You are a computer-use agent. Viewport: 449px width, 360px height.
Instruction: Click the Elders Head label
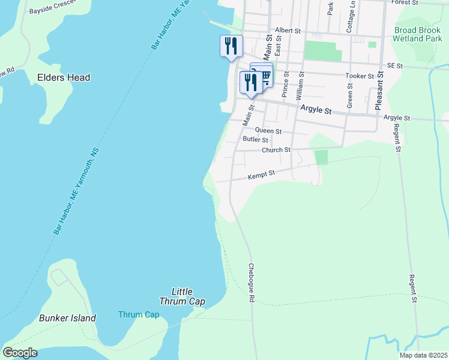[64, 77]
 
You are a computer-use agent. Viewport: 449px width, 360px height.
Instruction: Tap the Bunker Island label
[67, 318]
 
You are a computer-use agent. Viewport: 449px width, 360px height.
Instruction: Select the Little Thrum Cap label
[182, 296]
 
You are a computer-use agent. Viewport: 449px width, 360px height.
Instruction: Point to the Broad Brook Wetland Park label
[418, 34]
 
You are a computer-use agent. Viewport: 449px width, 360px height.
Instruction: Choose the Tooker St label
[360, 76]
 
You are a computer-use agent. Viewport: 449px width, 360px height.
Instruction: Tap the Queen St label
[268, 130]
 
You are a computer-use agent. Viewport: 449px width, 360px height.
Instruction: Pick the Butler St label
[255, 139]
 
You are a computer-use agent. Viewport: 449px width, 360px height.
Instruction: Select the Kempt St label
[261, 175]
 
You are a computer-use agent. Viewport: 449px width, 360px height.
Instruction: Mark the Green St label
[349, 94]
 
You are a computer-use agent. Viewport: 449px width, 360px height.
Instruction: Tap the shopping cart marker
[265, 74]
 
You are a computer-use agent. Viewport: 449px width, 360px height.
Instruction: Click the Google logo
[20, 353]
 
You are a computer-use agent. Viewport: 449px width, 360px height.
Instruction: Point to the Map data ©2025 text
[423, 355]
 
